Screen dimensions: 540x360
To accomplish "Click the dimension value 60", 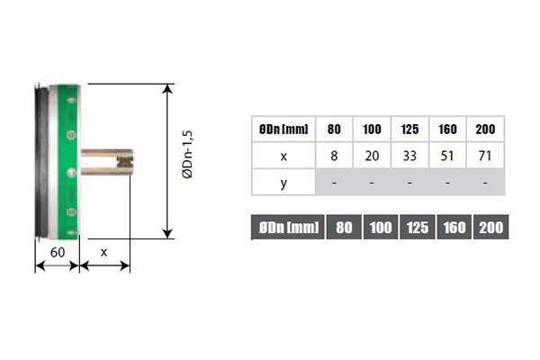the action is click(58, 253).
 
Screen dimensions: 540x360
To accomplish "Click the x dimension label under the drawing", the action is click(103, 253).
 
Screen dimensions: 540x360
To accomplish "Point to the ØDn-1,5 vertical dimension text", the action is click(188, 154).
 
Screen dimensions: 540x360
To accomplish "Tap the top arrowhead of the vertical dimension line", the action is click(167, 88).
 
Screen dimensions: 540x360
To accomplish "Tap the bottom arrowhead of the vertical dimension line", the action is click(167, 234).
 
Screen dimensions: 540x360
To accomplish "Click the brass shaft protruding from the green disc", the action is click(107, 162).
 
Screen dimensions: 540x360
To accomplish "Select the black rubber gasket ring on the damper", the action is click(42, 161).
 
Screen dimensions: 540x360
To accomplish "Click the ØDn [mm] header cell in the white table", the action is click(283, 130).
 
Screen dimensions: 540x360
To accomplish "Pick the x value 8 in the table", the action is click(334, 156).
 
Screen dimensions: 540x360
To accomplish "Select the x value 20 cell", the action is click(372, 156).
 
